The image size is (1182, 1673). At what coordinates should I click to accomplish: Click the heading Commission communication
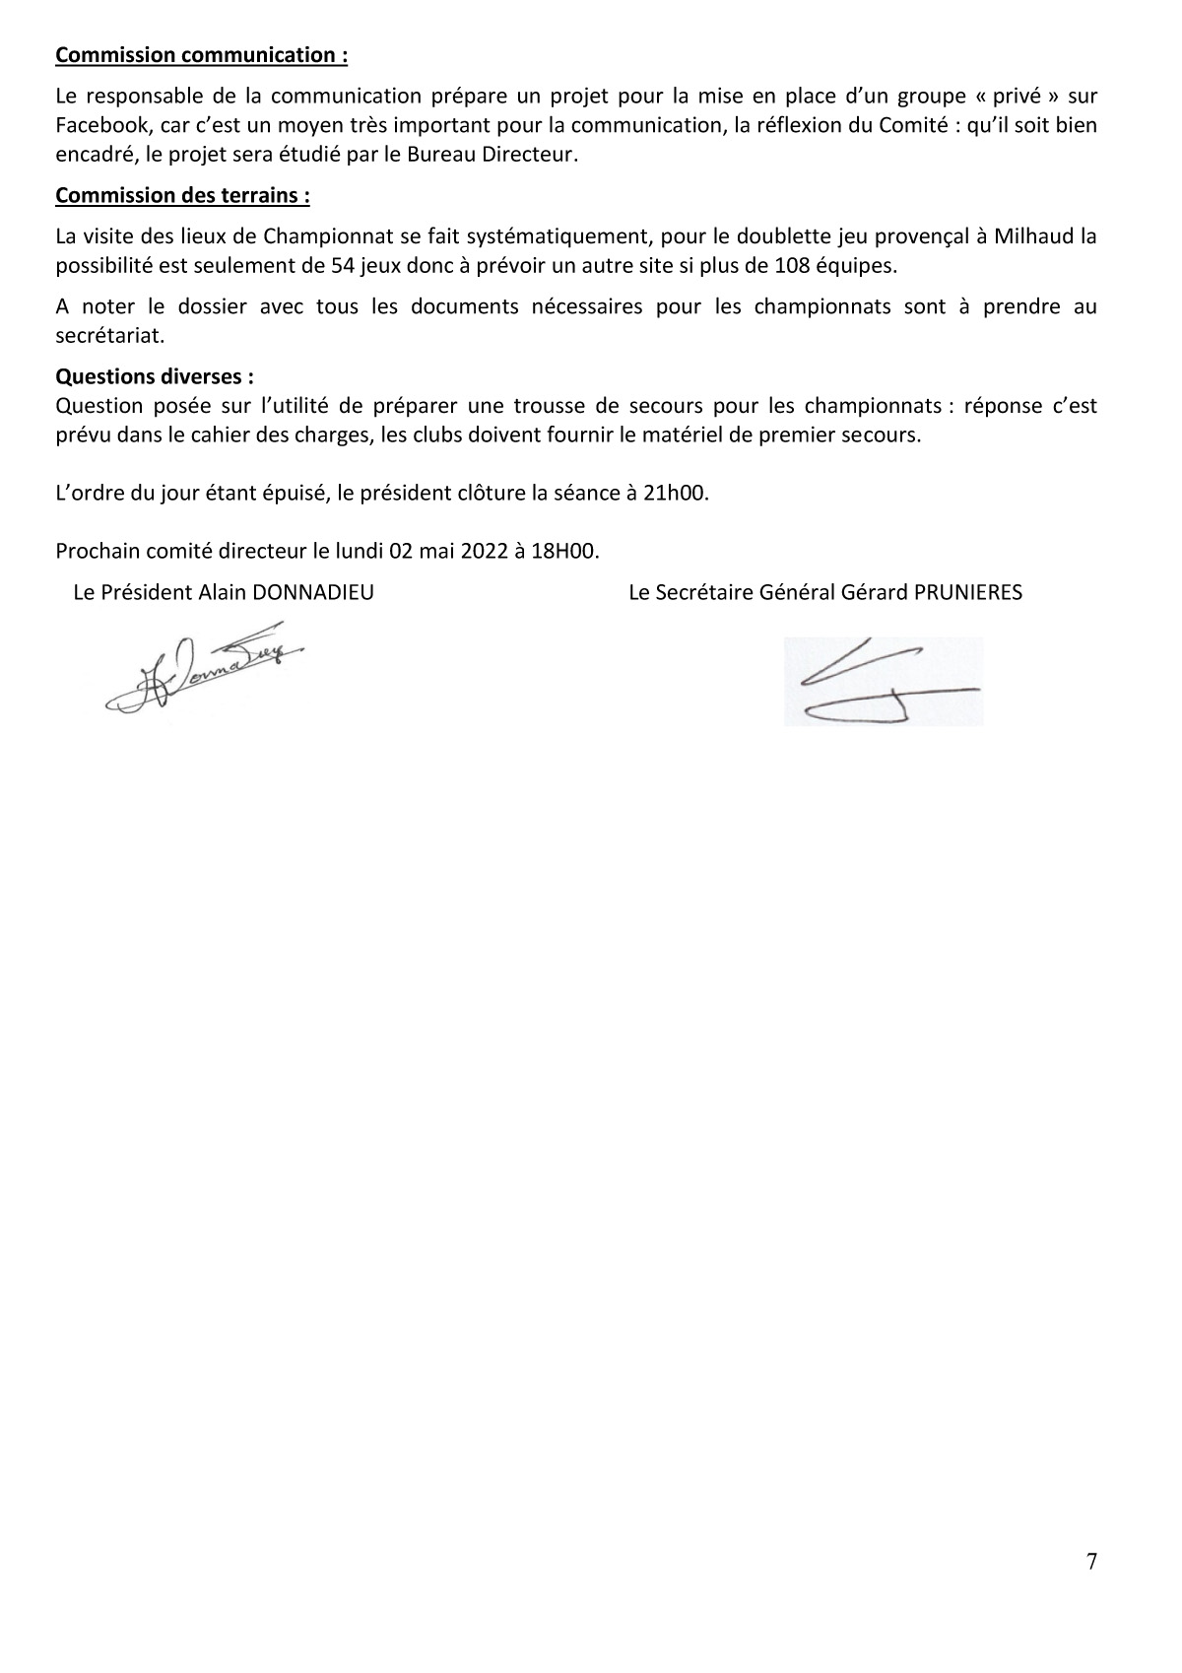(x=201, y=55)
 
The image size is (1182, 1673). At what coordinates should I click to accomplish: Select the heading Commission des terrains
(x=182, y=195)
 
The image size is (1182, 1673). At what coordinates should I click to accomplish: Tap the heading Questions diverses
(x=155, y=376)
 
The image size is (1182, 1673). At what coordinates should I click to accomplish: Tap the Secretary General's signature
(x=883, y=682)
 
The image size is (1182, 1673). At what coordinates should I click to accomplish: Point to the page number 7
(x=1090, y=1562)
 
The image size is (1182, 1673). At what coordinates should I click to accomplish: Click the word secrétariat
(x=109, y=335)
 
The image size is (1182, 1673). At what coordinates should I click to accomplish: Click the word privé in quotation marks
(x=1007, y=97)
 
